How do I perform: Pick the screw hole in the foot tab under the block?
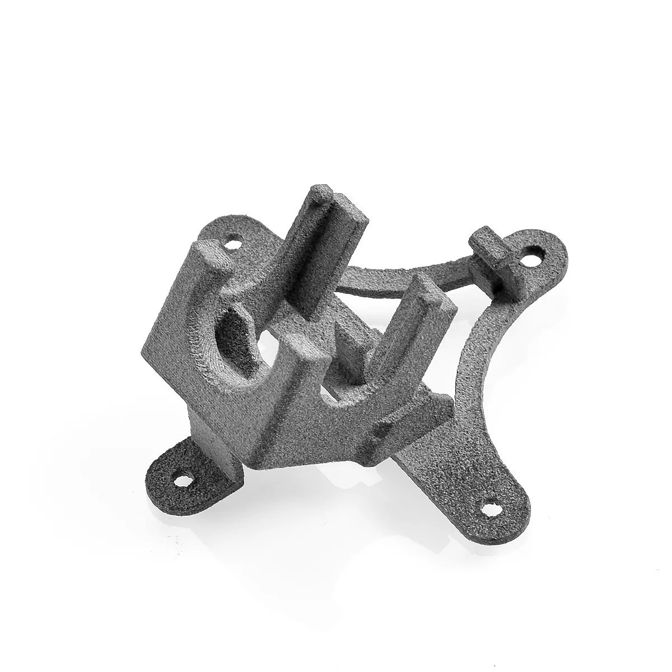182,479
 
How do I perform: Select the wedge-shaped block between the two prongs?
350,342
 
